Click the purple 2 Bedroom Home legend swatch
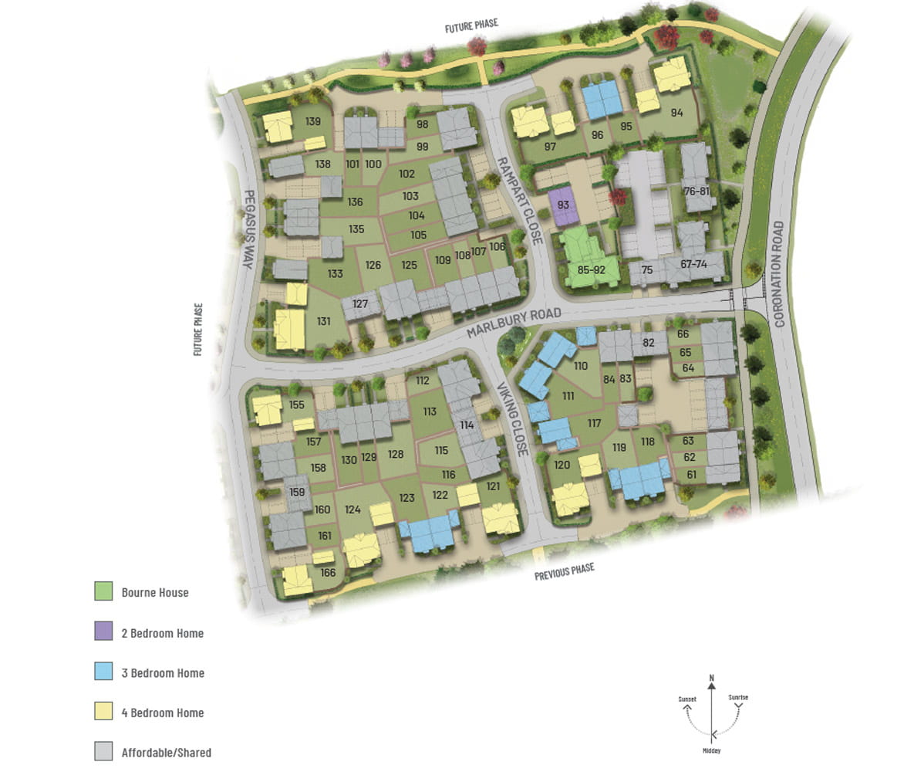coord(103,631)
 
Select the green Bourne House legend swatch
coord(103,591)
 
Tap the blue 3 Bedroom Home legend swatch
coord(103,672)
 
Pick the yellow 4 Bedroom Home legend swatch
coord(103,712)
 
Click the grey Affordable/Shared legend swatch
coord(103,751)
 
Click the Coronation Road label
coord(778,274)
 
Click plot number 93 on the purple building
coord(563,205)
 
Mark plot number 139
coord(312,121)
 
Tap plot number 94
coord(676,113)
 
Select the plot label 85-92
coord(591,270)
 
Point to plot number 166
coord(329,572)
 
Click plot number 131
coord(324,321)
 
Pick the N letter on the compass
coord(711,679)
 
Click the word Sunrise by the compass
coord(737,698)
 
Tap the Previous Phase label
coord(565,571)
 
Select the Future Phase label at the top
coord(471,25)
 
